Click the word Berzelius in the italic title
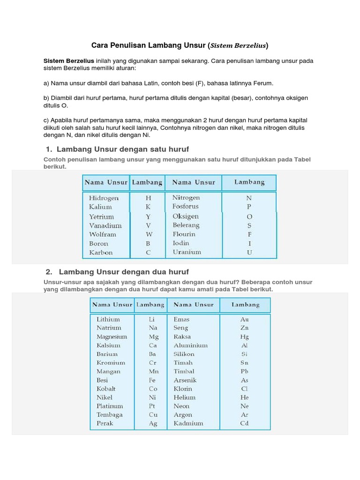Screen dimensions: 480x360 coord(250,46)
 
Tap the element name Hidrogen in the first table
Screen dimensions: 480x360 coord(104,198)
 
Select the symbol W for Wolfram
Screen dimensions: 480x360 coord(148,234)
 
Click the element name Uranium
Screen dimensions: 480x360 coord(187,252)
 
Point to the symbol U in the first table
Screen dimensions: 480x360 coord(249,253)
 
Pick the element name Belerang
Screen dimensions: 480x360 coord(186,225)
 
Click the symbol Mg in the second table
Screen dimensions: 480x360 coord(153,337)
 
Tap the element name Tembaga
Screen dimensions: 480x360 coord(110,415)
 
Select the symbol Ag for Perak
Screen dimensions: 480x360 coord(153,424)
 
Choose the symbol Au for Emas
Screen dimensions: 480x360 coord(245,319)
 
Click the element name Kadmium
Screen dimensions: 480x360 coord(188,423)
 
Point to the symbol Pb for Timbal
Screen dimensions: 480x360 coord(245,371)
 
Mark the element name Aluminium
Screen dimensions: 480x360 coord(190,345)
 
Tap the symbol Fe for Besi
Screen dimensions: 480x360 coord(153,380)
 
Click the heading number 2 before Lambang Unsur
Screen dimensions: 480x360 coord(48,272)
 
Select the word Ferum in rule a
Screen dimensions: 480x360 coord(262,83)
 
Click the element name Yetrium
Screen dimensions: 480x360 coord(102,217)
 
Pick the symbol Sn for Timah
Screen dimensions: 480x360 coord(245,363)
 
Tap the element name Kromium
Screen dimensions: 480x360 coord(111,363)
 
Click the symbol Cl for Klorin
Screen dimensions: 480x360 coord(245,389)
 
